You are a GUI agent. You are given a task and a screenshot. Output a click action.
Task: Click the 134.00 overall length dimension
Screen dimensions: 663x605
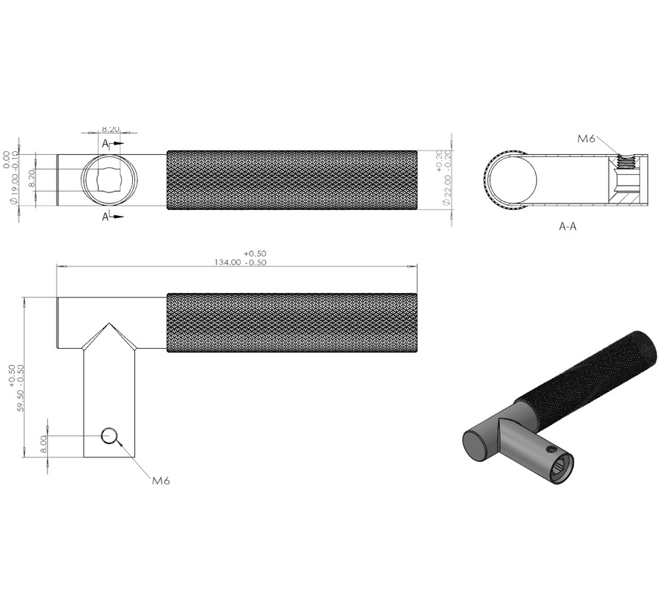(x=240, y=258)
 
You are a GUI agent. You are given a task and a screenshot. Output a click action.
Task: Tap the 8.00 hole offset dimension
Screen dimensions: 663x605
(x=43, y=445)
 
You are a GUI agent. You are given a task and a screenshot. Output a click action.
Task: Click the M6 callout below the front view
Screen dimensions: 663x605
(x=161, y=481)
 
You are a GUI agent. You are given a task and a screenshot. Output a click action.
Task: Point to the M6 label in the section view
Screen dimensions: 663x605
(x=586, y=138)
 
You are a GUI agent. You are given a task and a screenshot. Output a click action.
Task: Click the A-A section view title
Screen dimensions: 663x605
(x=568, y=227)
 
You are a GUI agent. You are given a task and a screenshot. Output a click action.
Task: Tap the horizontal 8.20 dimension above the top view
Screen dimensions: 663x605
(x=110, y=129)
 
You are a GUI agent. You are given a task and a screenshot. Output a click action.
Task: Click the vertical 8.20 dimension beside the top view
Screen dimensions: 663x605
(x=31, y=180)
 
